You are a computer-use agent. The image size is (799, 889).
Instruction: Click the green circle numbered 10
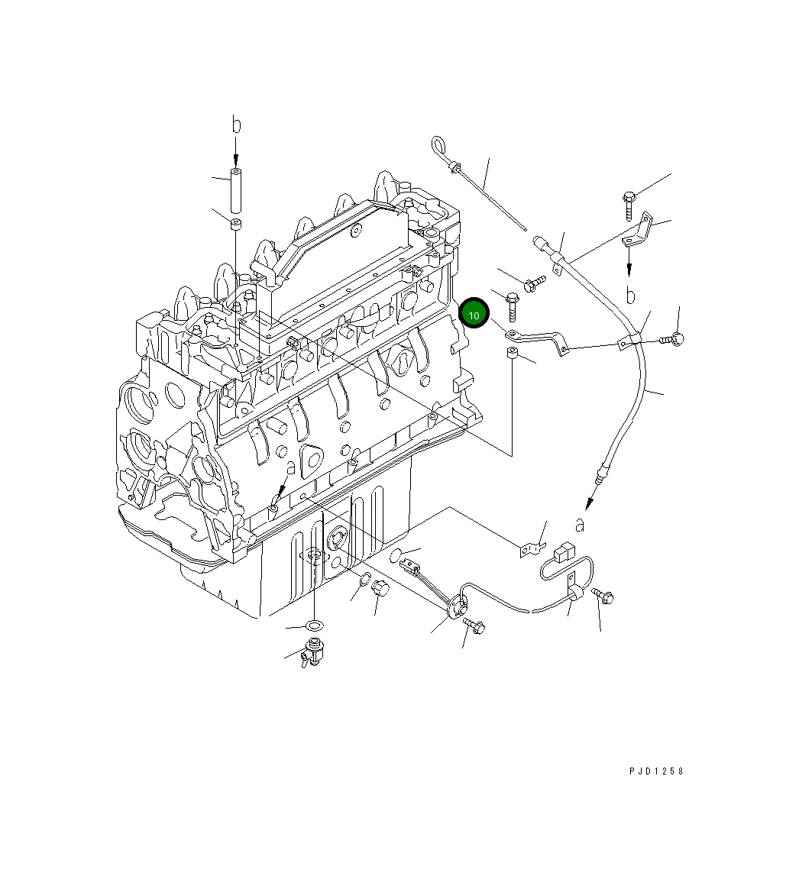(x=474, y=313)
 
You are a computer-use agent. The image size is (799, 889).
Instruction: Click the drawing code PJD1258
(x=656, y=771)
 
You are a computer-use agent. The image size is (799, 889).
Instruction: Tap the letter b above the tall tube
(x=237, y=124)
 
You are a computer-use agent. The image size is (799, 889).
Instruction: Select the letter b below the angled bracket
(x=631, y=295)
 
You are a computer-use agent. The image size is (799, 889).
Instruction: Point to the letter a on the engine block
(x=291, y=467)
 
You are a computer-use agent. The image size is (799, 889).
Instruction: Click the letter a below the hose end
(x=580, y=525)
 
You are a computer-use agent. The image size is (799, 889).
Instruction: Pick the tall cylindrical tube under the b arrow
(x=236, y=189)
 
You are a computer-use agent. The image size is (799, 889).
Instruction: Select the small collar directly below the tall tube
(x=236, y=223)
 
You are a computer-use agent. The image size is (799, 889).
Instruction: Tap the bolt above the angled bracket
(x=629, y=205)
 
